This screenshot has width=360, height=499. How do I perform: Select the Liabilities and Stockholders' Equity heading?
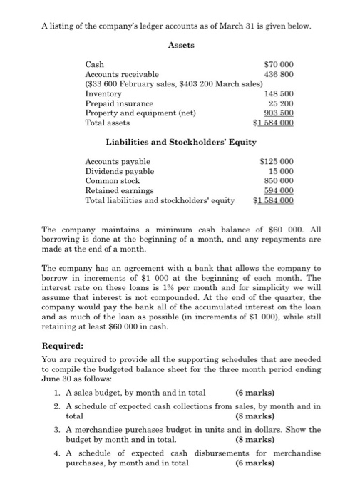pyautogui.click(x=181, y=143)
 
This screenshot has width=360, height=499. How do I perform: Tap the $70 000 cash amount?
pyautogui.click(x=279, y=65)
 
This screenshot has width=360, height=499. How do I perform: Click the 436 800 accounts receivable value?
pyautogui.click(x=280, y=74)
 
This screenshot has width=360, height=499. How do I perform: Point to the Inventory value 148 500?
pyautogui.click(x=280, y=94)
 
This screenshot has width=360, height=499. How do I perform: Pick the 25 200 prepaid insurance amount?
pyautogui.click(x=282, y=103)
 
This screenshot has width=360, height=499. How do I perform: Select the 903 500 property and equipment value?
pyautogui.click(x=280, y=113)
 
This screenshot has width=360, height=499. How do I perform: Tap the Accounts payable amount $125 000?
pyautogui.click(x=277, y=162)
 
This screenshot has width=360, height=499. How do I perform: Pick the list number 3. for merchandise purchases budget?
pyautogui.click(x=58, y=430)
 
